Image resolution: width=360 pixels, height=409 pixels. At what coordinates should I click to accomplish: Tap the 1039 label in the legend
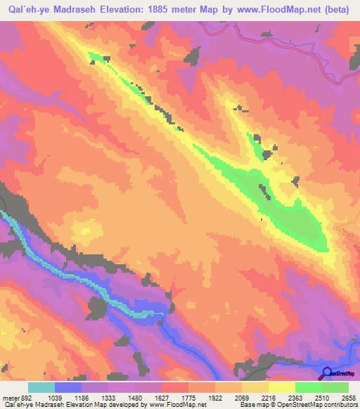[x=55, y=397]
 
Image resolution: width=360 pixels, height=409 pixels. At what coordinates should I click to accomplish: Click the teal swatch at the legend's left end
[x=41, y=387]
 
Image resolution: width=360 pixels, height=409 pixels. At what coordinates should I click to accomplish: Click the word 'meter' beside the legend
[x=11, y=397]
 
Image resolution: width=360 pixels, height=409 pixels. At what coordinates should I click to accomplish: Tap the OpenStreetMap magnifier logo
[x=327, y=373]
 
